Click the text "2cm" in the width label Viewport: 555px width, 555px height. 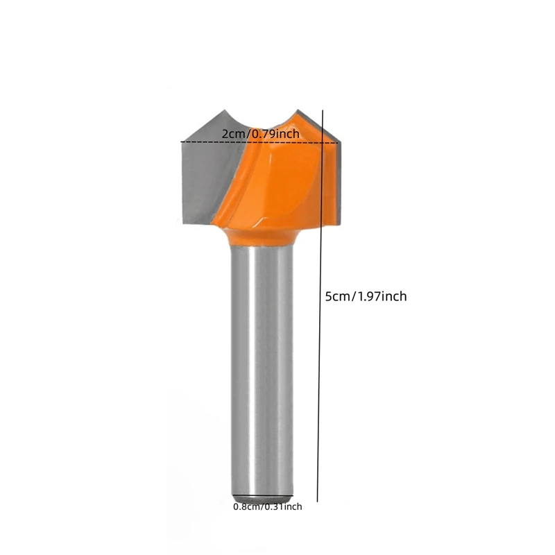(x=233, y=133)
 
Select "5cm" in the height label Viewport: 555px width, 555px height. (x=339, y=296)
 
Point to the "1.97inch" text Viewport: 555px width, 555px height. (x=382, y=296)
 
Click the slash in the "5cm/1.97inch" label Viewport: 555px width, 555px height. (x=354, y=296)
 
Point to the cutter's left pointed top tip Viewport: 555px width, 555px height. (x=225, y=110)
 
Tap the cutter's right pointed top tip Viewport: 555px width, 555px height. (x=298, y=110)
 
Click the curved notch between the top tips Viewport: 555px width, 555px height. (x=262, y=125)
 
